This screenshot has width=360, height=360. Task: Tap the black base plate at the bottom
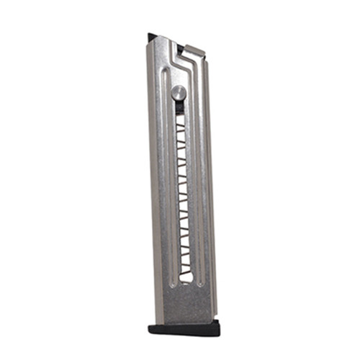[x=185, y=328]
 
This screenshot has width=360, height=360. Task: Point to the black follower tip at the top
[x=153, y=36]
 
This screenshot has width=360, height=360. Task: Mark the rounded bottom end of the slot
[x=186, y=282]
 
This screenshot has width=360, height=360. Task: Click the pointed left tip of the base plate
[x=150, y=328]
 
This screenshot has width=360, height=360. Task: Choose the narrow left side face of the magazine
[x=154, y=180]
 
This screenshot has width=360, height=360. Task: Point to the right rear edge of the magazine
[x=212, y=180]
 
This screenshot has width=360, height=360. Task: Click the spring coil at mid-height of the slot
[x=184, y=194]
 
